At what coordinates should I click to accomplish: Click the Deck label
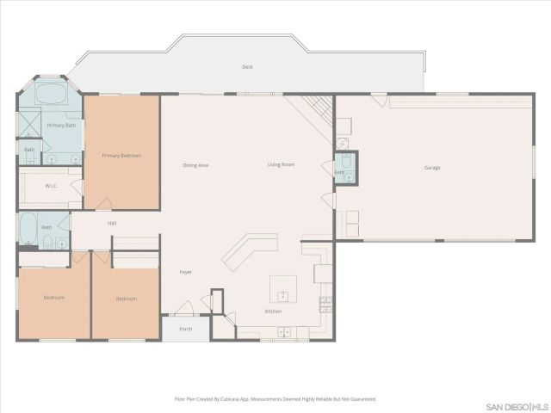pyautogui.click(x=247, y=67)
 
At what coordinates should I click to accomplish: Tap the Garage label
pyautogui.click(x=431, y=167)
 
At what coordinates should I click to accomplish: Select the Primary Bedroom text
pyautogui.click(x=121, y=156)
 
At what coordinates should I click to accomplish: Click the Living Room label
pyautogui.click(x=281, y=164)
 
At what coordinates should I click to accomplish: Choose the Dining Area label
pyautogui.click(x=195, y=164)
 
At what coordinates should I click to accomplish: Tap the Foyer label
pyautogui.click(x=185, y=272)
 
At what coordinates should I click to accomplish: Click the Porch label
pyautogui.click(x=185, y=329)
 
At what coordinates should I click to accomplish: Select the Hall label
pyautogui.click(x=112, y=224)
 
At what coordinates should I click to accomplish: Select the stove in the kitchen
pyautogui.click(x=325, y=303)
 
